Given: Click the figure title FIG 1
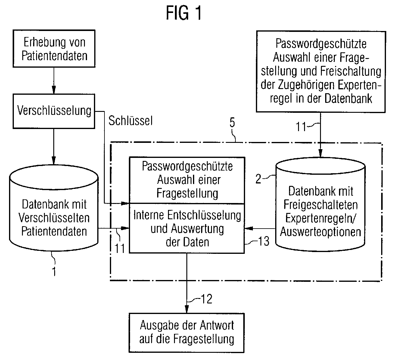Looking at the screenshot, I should click(184, 14).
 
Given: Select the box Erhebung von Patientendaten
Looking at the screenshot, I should click(54, 48).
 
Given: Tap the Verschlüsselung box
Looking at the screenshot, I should click(54, 110).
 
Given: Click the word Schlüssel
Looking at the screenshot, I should click(130, 121).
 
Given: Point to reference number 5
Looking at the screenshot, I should click(232, 123).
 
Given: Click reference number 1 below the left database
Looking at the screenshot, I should click(54, 271).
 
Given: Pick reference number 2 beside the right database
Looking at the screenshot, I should click(259, 179).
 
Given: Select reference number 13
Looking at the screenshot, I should click(264, 241).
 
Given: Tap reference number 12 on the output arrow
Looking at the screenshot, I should click(206, 299).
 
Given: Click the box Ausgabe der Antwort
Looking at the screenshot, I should click(187, 333).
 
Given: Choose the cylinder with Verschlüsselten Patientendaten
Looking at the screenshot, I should click(54, 211).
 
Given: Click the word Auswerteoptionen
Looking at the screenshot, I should click(320, 232).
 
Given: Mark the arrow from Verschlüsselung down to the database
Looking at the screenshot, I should click(54, 146).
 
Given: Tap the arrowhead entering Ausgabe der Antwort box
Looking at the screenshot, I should click(187, 309).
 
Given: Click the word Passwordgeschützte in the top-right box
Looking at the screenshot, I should click(321, 44).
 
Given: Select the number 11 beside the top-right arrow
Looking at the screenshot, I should click(301, 127).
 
